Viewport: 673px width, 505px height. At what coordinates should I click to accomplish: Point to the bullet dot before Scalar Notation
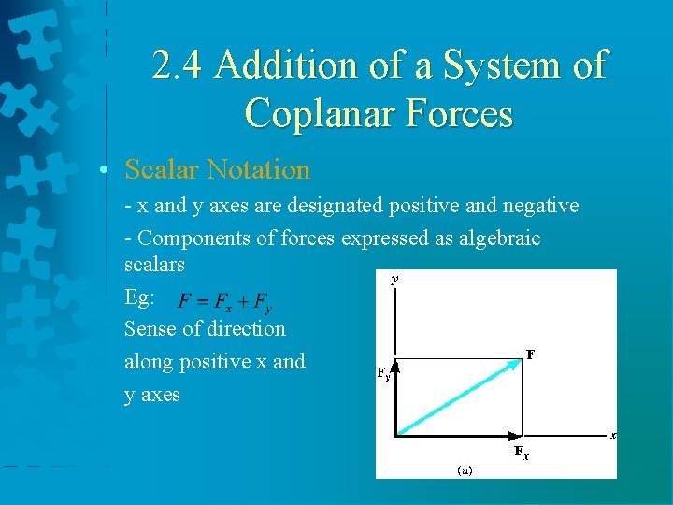pyautogui.click(x=109, y=171)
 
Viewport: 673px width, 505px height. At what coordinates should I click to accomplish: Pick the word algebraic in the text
pyautogui.click(x=499, y=238)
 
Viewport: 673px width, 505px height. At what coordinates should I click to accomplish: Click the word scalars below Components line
pyautogui.click(x=154, y=265)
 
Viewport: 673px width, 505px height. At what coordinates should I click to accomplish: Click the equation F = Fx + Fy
pyautogui.click(x=226, y=302)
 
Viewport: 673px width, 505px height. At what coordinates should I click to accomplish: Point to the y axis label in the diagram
pyautogui.click(x=394, y=279)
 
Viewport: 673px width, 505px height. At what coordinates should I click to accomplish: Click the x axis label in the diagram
pyautogui.click(x=612, y=435)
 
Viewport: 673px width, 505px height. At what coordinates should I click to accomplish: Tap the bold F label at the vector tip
pyautogui.click(x=529, y=354)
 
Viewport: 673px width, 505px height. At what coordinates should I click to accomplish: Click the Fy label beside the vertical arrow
pyautogui.click(x=382, y=374)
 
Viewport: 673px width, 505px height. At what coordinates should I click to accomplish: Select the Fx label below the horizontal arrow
pyautogui.click(x=521, y=454)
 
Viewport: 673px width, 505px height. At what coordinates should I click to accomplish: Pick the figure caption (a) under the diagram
pyautogui.click(x=465, y=469)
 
